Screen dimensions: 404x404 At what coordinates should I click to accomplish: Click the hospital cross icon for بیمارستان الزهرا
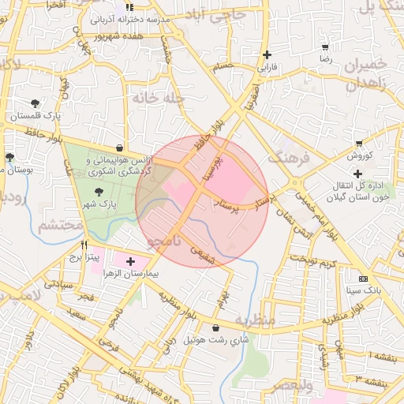point(130,261)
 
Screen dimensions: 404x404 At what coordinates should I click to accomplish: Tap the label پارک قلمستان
point(35,116)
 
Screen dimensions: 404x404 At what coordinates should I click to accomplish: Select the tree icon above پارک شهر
point(99,192)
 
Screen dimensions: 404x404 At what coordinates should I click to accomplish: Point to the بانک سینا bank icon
point(363,279)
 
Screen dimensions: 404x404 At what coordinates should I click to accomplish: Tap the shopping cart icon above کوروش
point(359,144)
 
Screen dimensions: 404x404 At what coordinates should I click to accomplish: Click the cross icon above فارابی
point(268,55)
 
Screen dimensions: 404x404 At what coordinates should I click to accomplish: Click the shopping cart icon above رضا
point(325,47)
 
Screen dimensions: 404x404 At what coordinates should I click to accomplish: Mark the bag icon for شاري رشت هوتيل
point(215,327)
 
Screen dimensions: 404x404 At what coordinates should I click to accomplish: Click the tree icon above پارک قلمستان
point(35,103)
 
